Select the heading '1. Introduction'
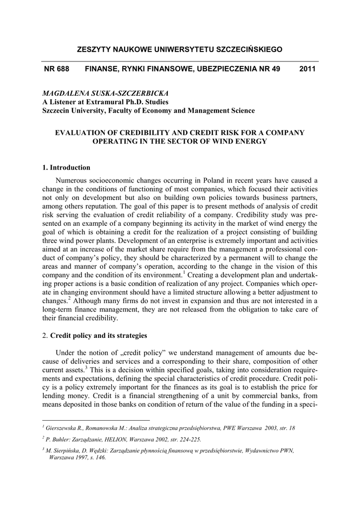[67, 167]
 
